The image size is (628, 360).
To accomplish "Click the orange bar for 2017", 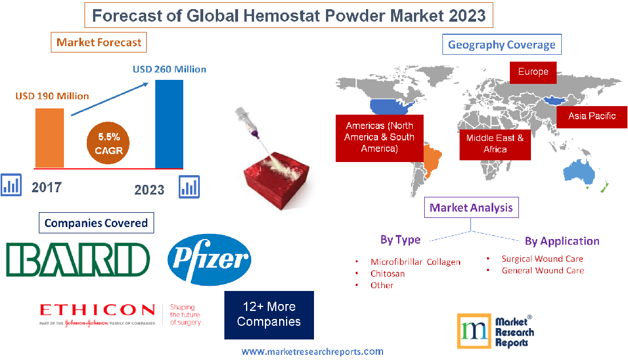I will (50, 137).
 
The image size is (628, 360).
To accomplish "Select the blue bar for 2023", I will (170, 124).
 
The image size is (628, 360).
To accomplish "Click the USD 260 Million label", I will (170, 69).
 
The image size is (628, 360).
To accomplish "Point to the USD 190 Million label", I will (52, 96).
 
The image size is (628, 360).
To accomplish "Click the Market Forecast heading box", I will (99, 42).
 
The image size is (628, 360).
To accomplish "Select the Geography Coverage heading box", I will (502, 45).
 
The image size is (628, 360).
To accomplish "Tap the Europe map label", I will (533, 72).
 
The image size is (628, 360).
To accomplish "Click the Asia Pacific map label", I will (592, 116).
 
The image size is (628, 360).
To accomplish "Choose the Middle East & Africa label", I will (495, 143).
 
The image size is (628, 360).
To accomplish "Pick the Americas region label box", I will (379, 136).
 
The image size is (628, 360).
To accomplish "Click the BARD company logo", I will (78, 258).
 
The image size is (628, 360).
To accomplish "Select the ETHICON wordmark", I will (97, 310).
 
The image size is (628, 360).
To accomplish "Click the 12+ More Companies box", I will (269, 315).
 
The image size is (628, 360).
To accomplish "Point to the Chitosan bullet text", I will (388, 274).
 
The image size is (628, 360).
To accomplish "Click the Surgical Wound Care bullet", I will (542, 259).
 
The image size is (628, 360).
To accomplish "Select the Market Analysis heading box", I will (472, 208).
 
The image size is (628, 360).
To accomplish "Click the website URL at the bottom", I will (312, 351).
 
